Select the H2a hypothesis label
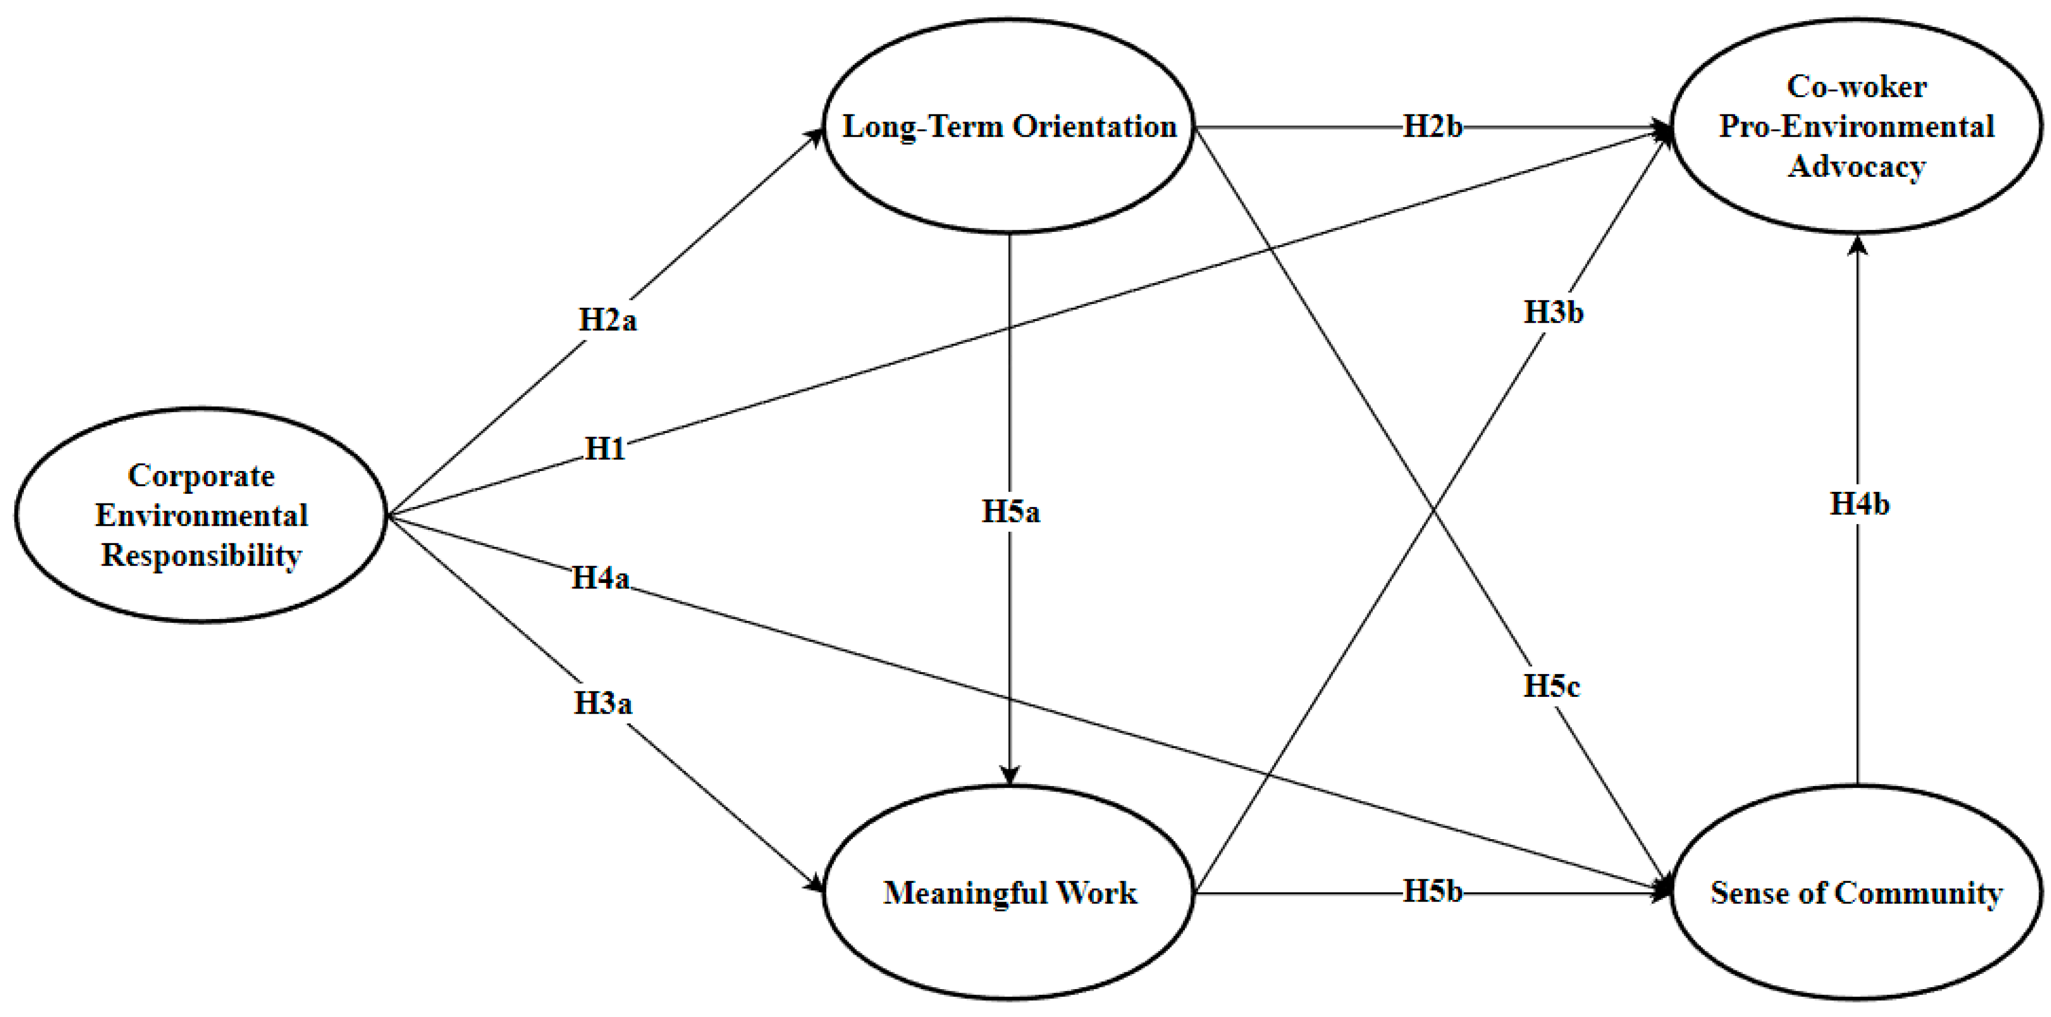click(x=608, y=320)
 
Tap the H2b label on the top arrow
click(x=1432, y=127)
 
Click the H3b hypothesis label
click(x=1553, y=312)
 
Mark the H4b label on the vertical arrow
click(x=1859, y=504)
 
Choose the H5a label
click(x=1010, y=512)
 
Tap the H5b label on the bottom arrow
click(x=1432, y=892)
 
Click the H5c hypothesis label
click(x=1552, y=686)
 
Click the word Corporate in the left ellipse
click(x=202, y=476)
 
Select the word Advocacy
click(x=1857, y=167)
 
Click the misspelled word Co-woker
click(x=1857, y=87)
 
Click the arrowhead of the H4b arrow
click(x=1858, y=245)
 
